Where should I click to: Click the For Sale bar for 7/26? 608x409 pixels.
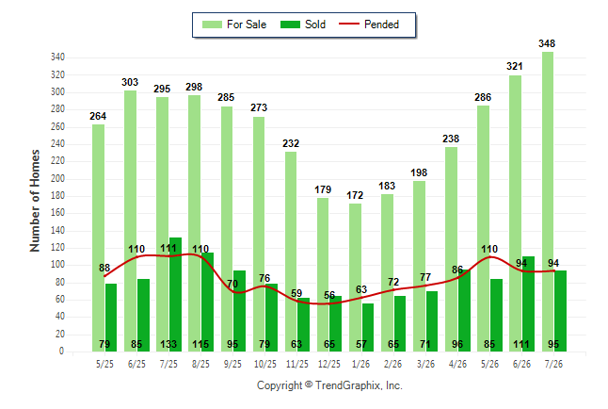click(x=548, y=202)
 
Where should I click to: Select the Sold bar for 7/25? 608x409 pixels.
click(x=175, y=294)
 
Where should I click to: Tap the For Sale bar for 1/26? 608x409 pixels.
click(x=355, y=277)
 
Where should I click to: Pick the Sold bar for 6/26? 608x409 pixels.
click(x=528, y=303)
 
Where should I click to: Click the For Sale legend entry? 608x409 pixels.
click(x=234, y=25)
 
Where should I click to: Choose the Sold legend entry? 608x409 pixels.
click(x=303, y=25)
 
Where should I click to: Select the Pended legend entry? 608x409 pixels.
click(x=369, y=25)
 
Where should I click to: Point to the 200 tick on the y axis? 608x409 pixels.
click(x=57, y=179)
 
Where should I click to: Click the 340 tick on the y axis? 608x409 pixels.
click(x=57, y=57)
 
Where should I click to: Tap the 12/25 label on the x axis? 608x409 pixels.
click(x=329, y=364)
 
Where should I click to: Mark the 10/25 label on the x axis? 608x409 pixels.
click(x=265, y=364)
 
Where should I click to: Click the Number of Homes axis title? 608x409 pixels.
click(x=35, y=201)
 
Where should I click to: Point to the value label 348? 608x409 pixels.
click(x=547, y=43)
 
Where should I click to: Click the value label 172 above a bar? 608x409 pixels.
click(x=355, y=195)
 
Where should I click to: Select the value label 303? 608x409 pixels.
click(x=130, y=82)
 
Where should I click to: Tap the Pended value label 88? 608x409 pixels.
click(x=104, y=268)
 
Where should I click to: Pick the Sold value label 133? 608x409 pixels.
click(x=168, y=344)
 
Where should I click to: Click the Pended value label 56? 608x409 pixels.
click(x=329, y=295)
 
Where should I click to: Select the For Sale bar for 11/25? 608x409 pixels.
click(x=291, y=252)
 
